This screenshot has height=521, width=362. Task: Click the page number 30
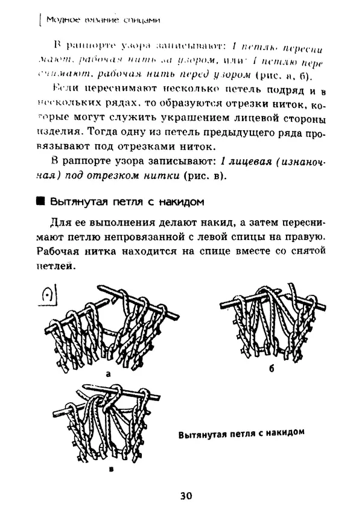pos(185,496)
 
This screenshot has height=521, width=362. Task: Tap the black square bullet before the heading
pos(41,201)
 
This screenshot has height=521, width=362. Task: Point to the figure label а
pos(108,374)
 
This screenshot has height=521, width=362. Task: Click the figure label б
pos(271,368)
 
